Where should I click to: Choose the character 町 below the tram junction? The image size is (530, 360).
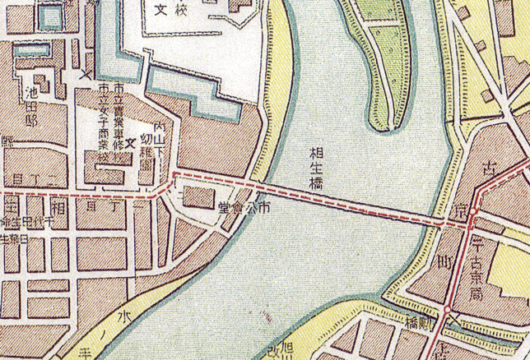pos(449,264)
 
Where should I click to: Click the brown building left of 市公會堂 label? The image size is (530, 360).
pos(195,197)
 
